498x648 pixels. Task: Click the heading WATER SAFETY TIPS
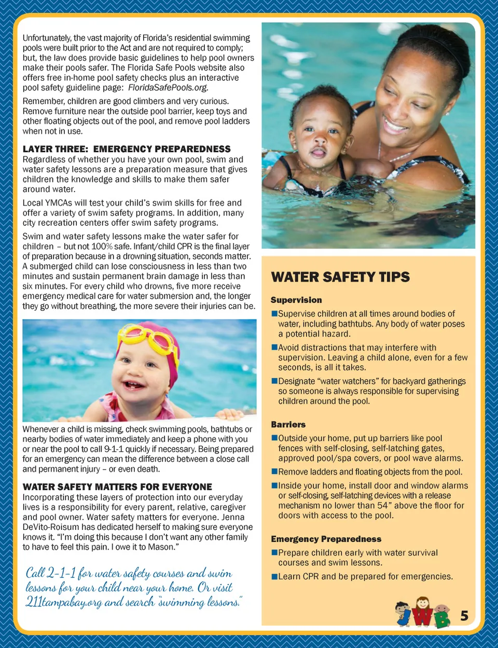click(340, 277)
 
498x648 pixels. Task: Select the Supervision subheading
click(296, 300)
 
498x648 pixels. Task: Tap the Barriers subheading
click(288, 424)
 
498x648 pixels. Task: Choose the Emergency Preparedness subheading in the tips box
click(326, 539)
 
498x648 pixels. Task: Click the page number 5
click(464, 616)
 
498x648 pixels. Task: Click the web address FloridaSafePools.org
click(168, 88)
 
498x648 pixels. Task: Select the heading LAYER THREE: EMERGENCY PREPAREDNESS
click(127, 149)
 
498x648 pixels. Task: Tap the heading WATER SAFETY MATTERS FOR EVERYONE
click(117, 487)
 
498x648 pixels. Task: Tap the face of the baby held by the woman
click(317, 136)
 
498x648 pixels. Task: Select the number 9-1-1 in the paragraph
click(114, 449)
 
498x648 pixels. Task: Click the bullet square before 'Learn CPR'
click(274, 577)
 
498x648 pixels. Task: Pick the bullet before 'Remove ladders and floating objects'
click(274, 472)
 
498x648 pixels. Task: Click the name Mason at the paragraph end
click(161, 547)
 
